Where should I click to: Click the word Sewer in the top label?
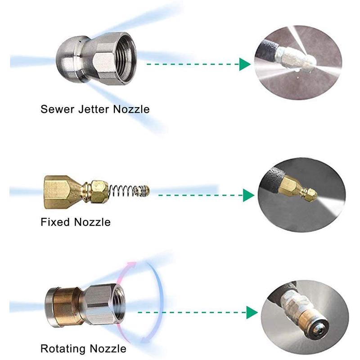click(x=57, y=109)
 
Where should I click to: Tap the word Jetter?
click(x=93, y=109)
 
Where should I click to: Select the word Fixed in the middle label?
click(x=55, y=222)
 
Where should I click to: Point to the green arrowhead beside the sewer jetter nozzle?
click(x=244, y=64)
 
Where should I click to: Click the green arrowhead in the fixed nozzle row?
click(x=248, y=195)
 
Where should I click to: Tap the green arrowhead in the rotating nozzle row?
click(x=252, y=312)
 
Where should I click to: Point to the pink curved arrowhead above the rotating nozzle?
click(x=132, y=265)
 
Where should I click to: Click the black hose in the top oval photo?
click(x=266, y=49)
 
